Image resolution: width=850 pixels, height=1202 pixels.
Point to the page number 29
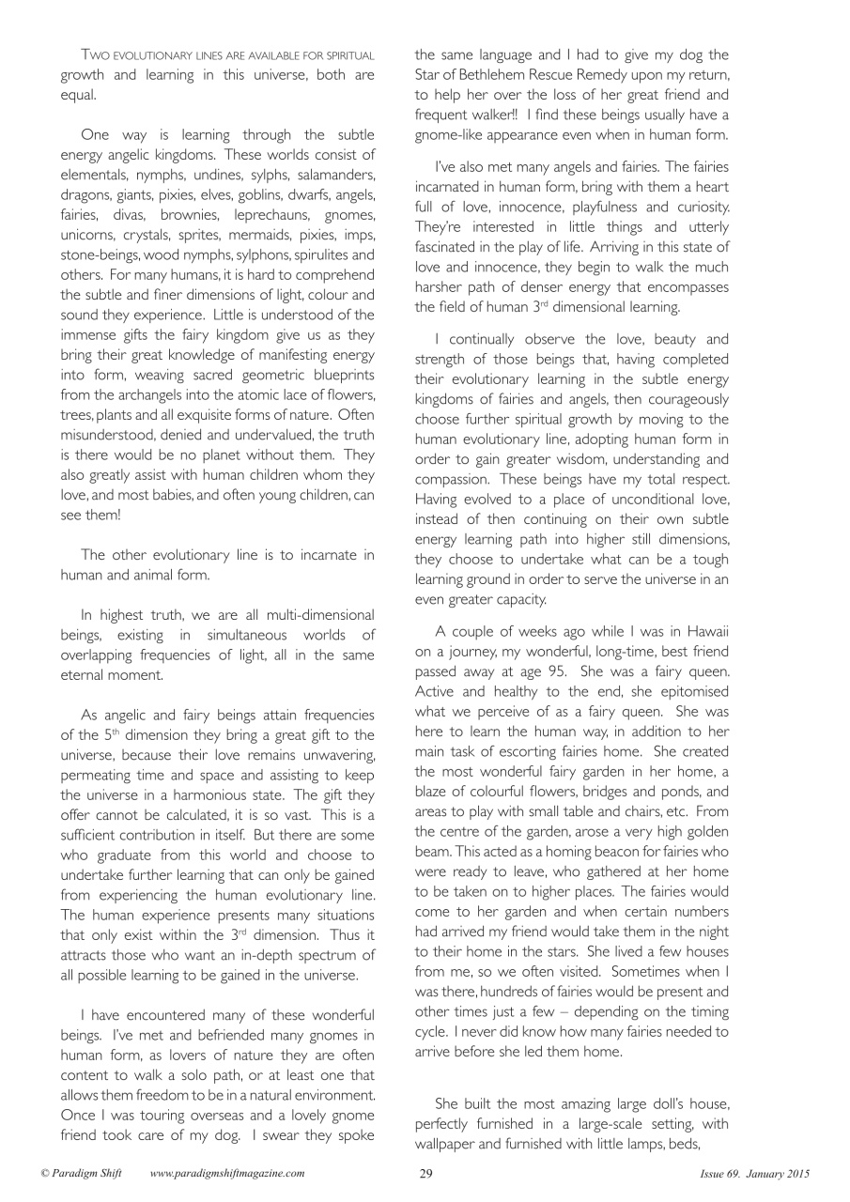pos(425,1173)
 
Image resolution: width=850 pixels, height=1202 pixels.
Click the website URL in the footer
pos(227,1173)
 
